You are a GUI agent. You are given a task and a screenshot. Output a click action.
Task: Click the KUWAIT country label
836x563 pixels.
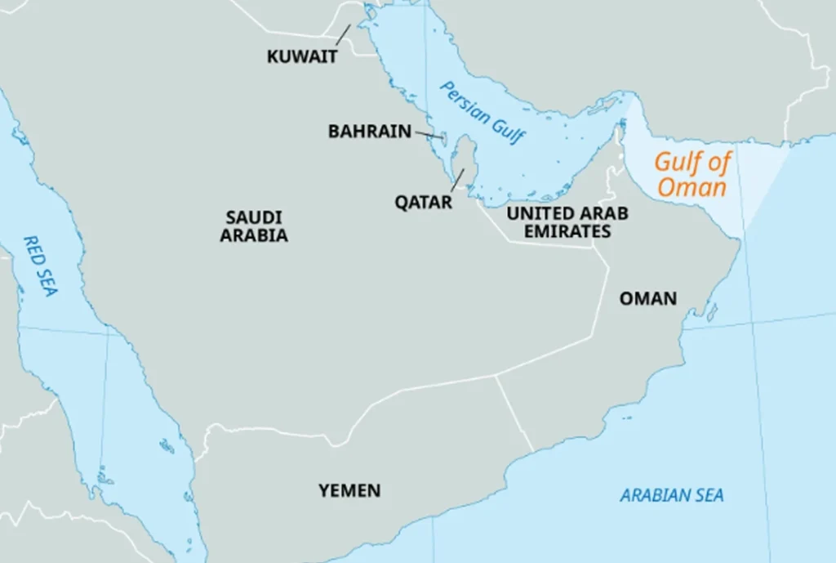tap(302, 57)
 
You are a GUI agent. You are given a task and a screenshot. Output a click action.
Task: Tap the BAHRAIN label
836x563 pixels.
tap(369, 131)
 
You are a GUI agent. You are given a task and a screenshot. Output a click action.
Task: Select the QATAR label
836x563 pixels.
tap(424, 202)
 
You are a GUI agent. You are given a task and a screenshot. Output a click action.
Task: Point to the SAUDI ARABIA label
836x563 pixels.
tap(254, 226)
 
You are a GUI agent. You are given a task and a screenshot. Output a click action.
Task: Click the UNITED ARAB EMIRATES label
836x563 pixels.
tap(567, 222)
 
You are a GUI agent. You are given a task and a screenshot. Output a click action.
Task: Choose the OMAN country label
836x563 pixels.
tap(648, 298)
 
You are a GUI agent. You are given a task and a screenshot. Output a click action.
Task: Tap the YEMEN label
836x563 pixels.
tap(349, 490)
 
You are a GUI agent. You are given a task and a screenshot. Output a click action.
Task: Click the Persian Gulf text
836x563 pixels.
tap(482, 113)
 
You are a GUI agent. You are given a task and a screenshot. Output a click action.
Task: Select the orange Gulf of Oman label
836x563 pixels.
tap(692, 174)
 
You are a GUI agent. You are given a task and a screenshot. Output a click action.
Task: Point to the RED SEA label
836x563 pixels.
tap(38, 266)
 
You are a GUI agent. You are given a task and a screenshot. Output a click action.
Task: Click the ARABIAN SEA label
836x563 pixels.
tap(671, 495)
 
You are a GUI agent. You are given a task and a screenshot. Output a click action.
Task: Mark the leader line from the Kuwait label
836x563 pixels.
tap(342, 34)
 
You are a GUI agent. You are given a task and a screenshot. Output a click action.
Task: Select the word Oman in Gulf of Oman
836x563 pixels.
tap(691, 187)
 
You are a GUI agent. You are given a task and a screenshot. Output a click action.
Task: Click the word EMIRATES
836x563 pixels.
tap(567, 231)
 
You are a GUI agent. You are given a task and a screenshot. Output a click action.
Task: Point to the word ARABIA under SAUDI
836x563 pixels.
tap(254, 236)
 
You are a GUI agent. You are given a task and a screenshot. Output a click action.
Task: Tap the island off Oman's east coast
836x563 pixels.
tap(712, 312)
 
